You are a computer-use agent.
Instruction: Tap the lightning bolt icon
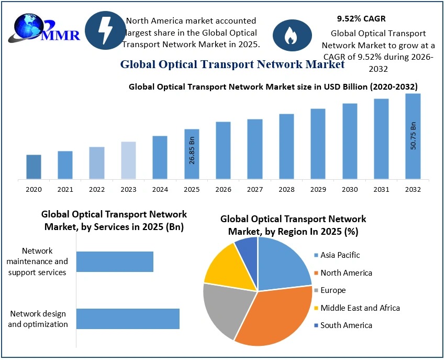(x=105, y=30)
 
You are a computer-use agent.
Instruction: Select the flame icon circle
(x=289, y=36)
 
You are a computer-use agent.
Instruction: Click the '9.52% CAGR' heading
(x=361, y=19)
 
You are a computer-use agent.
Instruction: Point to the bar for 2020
(x=34, y=167)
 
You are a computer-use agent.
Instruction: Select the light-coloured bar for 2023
(x=128, y=160)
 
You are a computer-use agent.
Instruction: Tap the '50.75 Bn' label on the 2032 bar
(x=412, y=136)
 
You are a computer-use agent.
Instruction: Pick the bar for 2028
(x=286, y=146)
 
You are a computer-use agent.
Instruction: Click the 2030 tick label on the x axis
(x=350, y=189)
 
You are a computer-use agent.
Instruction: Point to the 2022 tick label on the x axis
(x=97, y=189)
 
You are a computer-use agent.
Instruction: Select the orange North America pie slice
(x=272, y=320)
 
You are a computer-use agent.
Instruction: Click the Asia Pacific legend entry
(x=340, y=255)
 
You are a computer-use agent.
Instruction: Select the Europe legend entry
(x=333, y=290)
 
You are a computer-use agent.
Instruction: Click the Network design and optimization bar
(x=128, y=319)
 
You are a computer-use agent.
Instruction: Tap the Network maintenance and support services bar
(x=115, y=261)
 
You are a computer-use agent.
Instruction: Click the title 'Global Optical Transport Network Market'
(x=232, y=64)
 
